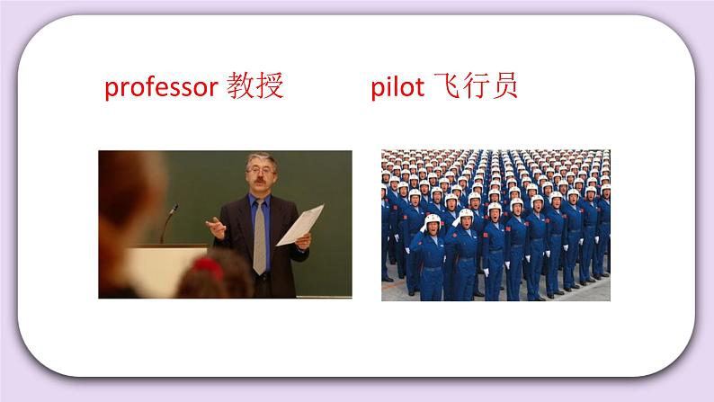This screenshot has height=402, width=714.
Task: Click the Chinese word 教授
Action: (254, 86)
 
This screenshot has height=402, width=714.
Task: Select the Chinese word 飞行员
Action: (482, 86)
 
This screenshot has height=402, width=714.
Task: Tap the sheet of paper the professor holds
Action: (300, 225)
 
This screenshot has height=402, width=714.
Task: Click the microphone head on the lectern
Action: (174, 209)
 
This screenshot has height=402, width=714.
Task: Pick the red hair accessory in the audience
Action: (206, 266)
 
